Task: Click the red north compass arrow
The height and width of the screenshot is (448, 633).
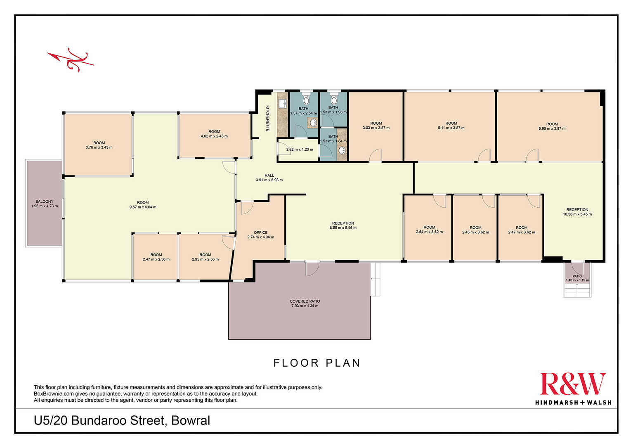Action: click(71, 60)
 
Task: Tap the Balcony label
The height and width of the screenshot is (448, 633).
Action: click(45, 201)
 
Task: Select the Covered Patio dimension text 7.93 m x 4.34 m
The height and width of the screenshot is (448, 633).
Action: click(305, 306)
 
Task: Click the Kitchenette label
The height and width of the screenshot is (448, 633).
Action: click(268, 118)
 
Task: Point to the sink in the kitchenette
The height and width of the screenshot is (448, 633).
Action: click(282, 104)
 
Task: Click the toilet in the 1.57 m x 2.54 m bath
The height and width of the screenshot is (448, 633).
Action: click(306, 99)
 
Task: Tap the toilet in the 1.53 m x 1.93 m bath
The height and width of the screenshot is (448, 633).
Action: click(334, 99)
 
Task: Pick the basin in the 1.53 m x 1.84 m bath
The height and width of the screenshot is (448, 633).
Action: click(342, 150)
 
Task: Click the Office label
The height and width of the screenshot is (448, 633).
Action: click(260, 232)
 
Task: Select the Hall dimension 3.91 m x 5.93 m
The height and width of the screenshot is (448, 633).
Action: click(269, 180)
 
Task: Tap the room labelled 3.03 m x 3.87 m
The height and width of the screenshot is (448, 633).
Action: click(376, 126)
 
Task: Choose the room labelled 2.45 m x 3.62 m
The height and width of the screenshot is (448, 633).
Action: click(475, 228)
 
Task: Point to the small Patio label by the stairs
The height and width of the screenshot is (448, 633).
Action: click(577, 276)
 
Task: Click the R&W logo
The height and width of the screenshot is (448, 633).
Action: click(573, 388)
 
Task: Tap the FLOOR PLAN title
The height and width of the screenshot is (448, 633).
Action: click(317, 363)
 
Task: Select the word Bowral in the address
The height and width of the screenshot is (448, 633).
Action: click(191, 421)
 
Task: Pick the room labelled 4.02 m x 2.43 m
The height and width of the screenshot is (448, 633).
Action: click(214, 135)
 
